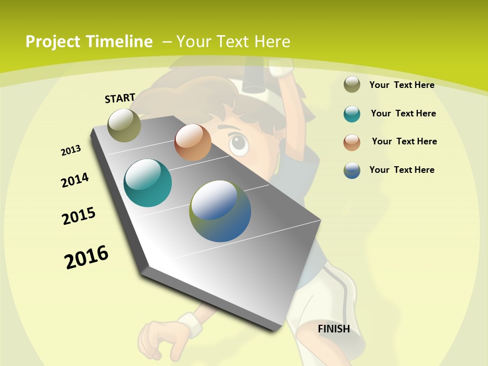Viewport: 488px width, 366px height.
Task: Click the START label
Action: [x=120, y=98]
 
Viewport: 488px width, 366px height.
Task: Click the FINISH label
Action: [x=333, y=329]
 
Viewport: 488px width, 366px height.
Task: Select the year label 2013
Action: [x=71, y=150]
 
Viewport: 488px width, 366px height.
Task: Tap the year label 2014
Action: [x=75, y=180]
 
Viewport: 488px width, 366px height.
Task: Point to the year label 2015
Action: [x=79, y=216]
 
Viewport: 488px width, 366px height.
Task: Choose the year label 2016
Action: [x=86, y=257]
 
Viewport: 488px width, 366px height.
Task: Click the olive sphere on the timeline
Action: [x=125, y=125]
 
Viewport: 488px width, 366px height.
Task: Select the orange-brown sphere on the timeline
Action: [x=193, y=142]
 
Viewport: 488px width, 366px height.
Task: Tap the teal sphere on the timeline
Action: [x=148, y=183]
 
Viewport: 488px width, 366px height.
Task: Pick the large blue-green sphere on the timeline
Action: [x=220, y=211]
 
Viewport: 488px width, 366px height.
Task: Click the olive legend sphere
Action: [x=352, y=85]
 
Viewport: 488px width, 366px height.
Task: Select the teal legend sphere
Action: [x=352, y=114]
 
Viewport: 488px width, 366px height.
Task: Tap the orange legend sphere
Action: [x=352, y=142]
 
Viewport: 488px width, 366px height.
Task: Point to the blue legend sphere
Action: [x=352, y=170]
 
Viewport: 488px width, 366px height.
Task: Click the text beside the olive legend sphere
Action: [x=402, y=85]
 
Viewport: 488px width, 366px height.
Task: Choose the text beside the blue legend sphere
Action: [x=402, y=170]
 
